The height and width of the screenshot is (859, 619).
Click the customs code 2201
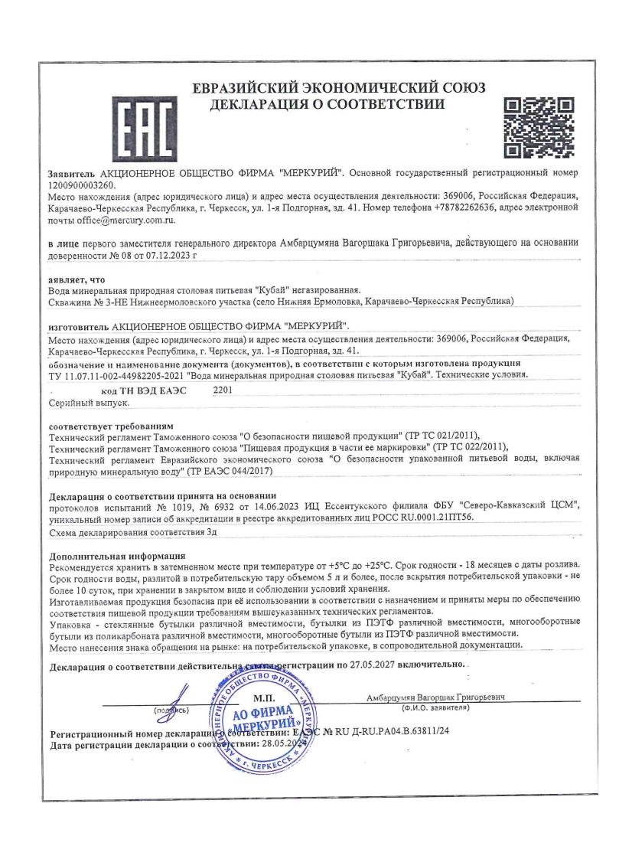coord(220,390)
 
